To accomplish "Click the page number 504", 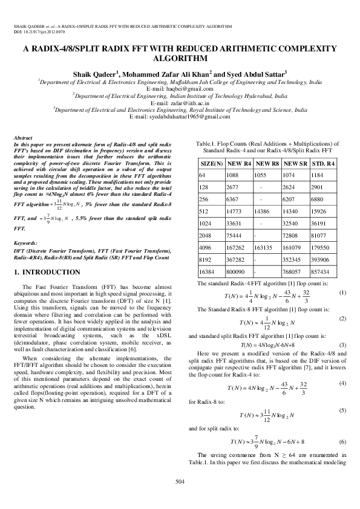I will [180, 481].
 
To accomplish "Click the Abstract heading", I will [23, 138].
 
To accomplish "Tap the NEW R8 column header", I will [267, 163].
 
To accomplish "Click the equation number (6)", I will [342, 442].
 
